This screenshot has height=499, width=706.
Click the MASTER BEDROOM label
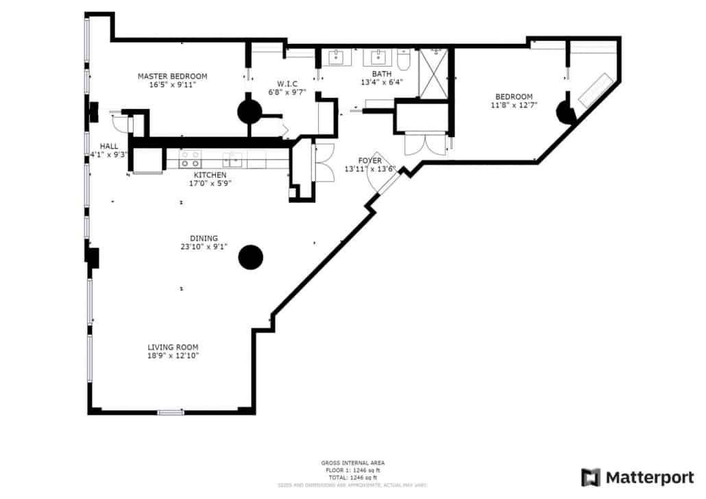[172, 76]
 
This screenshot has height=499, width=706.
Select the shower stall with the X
[433, 74]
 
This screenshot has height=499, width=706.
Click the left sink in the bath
[336, 58]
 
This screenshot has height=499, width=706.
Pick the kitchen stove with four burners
[190, 160]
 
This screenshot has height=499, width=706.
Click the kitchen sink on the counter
[232, 160]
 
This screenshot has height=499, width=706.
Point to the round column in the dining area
[250, 257]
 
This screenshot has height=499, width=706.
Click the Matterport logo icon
[590, 477]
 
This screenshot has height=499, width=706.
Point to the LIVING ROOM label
[173, 347]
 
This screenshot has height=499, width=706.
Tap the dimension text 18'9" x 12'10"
[173, 356]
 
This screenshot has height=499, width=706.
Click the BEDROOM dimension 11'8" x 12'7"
[513, 106]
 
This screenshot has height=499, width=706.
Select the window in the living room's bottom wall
[170, 412]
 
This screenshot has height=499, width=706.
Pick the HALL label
[109, 146]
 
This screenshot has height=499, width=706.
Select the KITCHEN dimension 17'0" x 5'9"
[210, 183]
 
